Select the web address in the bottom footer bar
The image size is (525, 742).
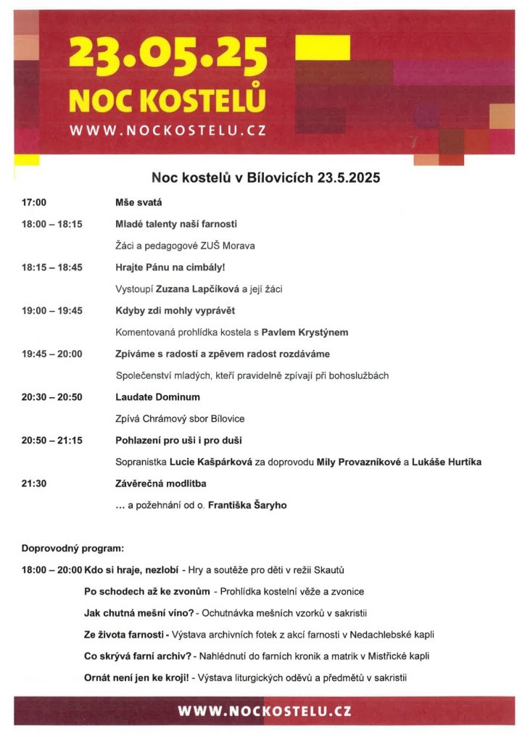(265, 711)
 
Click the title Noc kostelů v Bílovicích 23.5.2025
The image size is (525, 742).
(265, 178)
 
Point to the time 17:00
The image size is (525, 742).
(34, 203)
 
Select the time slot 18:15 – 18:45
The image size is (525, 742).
(51, 267)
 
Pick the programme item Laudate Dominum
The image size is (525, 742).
(157, 397)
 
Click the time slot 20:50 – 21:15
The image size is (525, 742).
(51, 441)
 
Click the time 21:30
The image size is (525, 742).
(34, 483)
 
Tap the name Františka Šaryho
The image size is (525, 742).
(247, 505)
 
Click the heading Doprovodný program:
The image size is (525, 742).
(73, 549)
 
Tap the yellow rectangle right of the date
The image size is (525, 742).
(323, 48)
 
